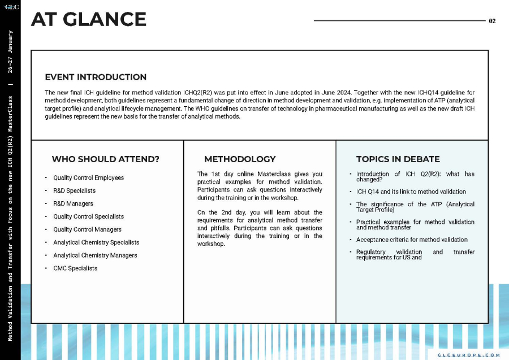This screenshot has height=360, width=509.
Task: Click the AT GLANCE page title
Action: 89,20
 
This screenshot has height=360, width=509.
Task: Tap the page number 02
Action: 492,21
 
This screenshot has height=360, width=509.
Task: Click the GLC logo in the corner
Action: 11,7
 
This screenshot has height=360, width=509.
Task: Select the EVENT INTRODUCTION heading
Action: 96,77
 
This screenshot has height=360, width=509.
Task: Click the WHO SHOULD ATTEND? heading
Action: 105,159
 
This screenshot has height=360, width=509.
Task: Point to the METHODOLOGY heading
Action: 240,159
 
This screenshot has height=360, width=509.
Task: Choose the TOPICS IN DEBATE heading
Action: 398,159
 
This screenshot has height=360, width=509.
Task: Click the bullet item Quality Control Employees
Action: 88,177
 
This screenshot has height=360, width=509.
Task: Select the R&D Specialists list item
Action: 74,190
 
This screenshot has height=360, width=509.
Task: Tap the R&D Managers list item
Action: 73,203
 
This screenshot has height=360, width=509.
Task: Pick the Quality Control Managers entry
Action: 87,229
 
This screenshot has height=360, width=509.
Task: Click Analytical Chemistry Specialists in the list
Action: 96,242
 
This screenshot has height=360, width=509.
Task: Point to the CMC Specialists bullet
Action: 75,268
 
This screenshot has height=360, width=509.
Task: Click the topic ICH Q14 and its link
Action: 411,192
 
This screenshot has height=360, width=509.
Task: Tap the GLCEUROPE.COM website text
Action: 469,355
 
